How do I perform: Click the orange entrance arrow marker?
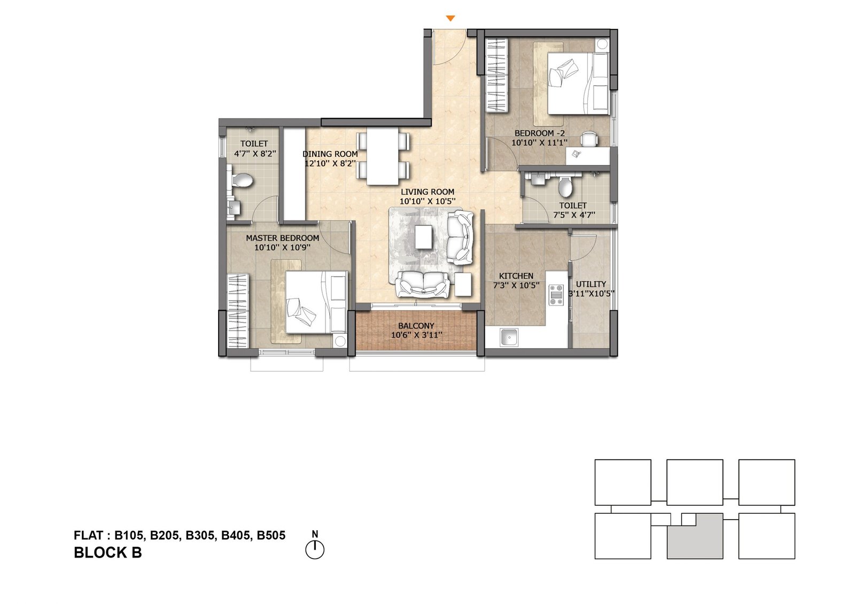pos(450,19)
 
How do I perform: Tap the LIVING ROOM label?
pos(428,192)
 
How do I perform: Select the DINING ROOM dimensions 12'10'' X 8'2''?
pos(330,163)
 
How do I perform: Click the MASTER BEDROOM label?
pos(282,238)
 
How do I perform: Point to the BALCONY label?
pos(416,326)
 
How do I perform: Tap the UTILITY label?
pos(590,284)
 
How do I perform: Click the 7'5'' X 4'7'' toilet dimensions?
pos(574,215)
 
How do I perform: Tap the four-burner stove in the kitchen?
pos(556,295)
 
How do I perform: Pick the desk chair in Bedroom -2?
pos(589,139)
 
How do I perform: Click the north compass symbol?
pos(315,549)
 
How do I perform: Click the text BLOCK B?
pos(107,553)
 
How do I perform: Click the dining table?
pos(383,156)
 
